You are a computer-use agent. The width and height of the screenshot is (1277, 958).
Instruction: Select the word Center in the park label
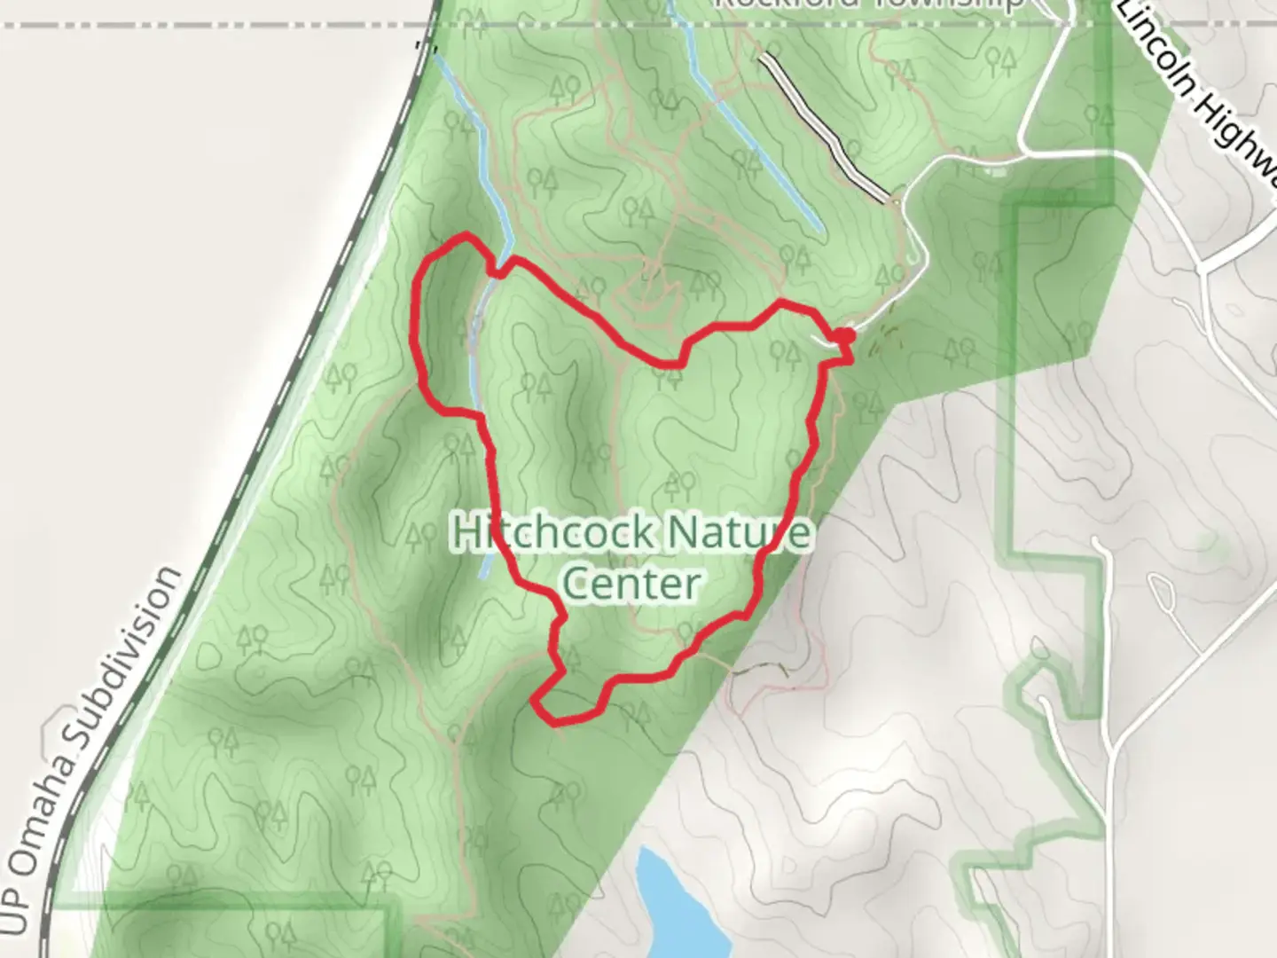631,584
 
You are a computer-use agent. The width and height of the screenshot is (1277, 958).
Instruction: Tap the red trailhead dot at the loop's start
846,335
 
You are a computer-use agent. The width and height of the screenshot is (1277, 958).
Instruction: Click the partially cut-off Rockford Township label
869,4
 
